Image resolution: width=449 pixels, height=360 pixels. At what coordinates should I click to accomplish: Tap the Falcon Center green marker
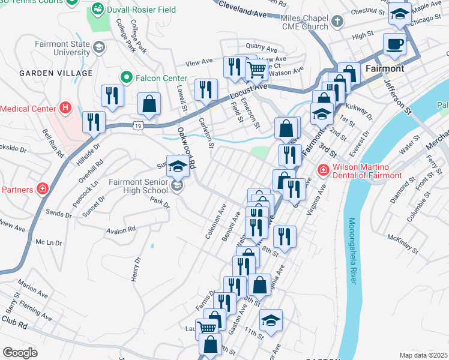126,77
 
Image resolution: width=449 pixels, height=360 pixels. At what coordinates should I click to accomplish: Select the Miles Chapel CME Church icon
337,23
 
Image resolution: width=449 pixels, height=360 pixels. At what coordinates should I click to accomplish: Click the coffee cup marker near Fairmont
394,44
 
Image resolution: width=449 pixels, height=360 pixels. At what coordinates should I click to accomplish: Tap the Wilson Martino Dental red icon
323,170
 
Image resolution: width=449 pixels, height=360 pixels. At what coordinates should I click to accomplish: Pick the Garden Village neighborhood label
56,73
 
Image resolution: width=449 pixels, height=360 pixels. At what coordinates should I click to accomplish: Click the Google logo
20,353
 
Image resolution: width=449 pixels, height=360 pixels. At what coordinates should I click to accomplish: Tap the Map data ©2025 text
423,355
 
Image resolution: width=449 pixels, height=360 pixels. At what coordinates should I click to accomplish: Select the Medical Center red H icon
66,109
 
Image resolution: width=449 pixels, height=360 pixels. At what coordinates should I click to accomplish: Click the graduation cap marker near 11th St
271,320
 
